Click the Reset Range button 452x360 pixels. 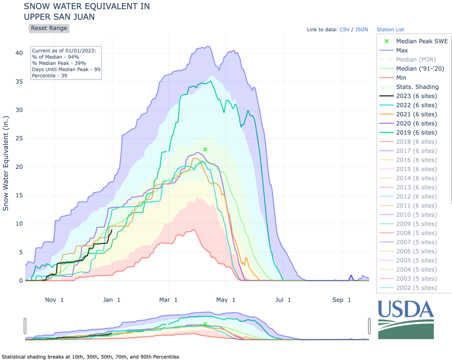coord(49,28)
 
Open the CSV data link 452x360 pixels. coord(344,30)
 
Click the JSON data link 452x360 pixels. coord(362,30)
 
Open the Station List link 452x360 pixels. coord(390,30)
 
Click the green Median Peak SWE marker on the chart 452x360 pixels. coord(205,150)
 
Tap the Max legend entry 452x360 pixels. coord(402,50)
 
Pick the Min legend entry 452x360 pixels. coord(401,78)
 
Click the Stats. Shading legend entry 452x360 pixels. coord(417,86)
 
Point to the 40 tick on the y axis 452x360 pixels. coord(18,53)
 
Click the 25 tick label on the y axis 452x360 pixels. coord(18,138)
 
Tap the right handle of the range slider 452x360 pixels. coord(369,326)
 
